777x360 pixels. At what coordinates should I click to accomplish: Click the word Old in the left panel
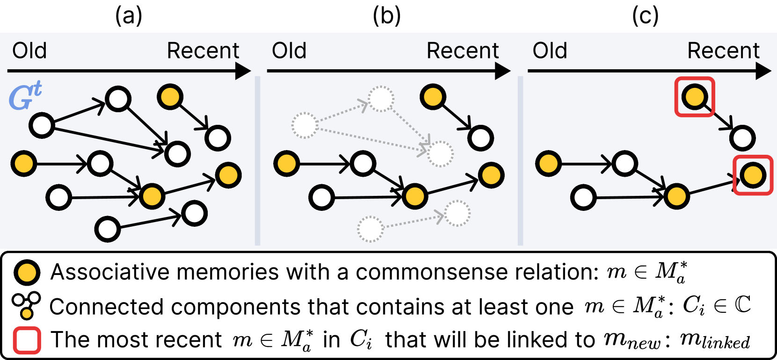[x=29, y=50]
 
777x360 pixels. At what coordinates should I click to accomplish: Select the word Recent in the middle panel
[x=463, y=50]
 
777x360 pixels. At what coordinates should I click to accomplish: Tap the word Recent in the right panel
[x=723, y=50]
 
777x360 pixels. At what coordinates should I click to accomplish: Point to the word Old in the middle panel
[x=289, y=50]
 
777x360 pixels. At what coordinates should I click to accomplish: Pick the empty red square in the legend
[x=27, y=340]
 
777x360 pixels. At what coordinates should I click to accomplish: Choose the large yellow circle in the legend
[x=27, y=273]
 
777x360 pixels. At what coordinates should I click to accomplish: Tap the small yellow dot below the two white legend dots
[x=27, y=313]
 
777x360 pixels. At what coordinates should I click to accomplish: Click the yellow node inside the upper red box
[x=695, y=97]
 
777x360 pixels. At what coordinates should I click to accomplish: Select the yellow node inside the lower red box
[x=753, y=175]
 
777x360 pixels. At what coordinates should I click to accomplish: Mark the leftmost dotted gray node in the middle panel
[x=305, y=125]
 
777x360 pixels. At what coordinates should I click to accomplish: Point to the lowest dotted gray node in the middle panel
[x=370, y=229]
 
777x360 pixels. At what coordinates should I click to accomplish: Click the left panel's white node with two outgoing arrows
[x=42, y=125]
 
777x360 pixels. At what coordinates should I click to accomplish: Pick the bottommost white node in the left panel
[x=108, y=229]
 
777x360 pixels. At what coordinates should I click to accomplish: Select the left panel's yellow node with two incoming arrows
[x=152, y=196]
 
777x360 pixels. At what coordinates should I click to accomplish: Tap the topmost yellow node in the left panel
[x=170, y=97]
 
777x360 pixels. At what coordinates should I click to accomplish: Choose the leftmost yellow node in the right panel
[x=548, y=164]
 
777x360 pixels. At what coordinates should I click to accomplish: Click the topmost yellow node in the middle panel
[x=433, y=97]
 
